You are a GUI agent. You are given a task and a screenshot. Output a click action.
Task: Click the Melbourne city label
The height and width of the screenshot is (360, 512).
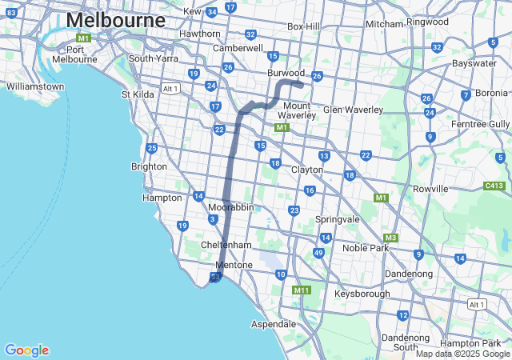(x=116, y=20)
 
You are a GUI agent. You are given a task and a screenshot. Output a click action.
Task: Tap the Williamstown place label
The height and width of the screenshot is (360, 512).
(x=34, y=86)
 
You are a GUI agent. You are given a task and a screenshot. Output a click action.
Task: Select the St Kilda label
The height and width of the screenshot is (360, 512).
(x=138, y=94)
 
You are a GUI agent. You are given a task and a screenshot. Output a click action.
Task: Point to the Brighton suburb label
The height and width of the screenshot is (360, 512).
(x=149, y=166)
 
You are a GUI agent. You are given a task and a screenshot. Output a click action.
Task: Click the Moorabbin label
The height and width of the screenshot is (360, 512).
(x=230, y=206)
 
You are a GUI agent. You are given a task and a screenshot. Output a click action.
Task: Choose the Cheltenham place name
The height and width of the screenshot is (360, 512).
(x=226, y=244)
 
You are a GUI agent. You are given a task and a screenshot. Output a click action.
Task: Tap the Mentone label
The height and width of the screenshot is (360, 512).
(x=234, y=265)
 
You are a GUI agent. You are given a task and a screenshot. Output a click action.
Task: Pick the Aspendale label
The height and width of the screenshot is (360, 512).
(x=274, y=324)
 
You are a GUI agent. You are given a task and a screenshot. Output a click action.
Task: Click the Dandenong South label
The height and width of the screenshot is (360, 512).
(x=405, y=342)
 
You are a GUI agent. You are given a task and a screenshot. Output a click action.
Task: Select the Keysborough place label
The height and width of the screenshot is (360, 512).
(x=362, y=294)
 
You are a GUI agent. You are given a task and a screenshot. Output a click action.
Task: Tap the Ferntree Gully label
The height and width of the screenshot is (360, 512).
(x=480, y=124)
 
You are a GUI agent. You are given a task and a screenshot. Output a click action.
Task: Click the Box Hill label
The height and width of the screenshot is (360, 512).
(x=303, y=26)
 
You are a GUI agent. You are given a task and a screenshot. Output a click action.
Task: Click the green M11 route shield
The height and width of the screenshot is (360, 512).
(x=302, y=290)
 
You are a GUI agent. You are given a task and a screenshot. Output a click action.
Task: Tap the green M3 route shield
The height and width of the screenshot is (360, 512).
(x=390, y=238)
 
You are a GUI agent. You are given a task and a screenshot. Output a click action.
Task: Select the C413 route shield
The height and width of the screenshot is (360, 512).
(x=494, y=186)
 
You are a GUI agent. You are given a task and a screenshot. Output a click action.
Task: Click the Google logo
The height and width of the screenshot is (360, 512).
(x=26, y=350)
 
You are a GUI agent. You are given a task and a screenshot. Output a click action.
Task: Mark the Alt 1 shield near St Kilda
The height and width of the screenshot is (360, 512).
(x=170, y=88)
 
